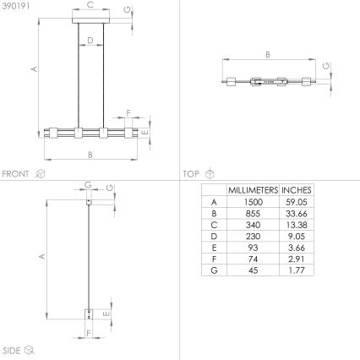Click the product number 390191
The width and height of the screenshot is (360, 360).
coord(14,5)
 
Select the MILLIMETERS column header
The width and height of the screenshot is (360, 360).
coord(254,190)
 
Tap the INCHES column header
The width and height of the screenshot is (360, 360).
coord(296,190)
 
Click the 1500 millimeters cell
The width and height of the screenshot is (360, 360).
coord(254,203)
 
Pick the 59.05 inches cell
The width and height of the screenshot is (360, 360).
coord(296,203)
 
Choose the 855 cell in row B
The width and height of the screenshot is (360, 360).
coord(254,214)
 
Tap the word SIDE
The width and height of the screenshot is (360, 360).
coord(11,348)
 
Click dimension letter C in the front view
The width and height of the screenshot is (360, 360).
coord(90,6)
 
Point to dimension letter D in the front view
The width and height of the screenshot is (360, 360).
coord(90,39)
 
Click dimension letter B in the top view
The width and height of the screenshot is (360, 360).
coord(267,56)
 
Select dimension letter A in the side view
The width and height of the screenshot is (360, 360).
coord(41,254)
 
